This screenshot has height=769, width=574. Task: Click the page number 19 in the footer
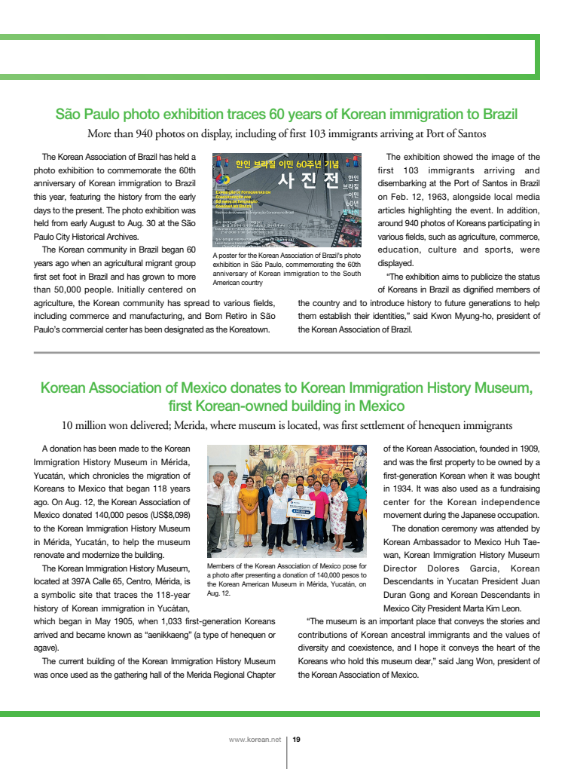coord(296,740)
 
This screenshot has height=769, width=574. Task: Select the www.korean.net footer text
coord(254,740)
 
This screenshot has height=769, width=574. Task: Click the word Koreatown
coord(249,329)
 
